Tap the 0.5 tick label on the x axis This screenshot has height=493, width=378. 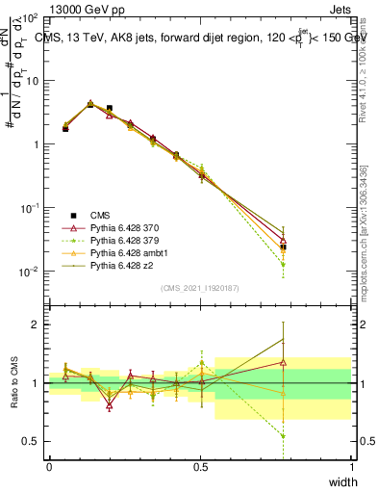pos(200,467)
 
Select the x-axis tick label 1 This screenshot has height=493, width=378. pos(351,467)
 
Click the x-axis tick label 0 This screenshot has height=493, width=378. pos(49,467)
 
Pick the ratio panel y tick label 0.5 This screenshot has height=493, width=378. pos(32,441)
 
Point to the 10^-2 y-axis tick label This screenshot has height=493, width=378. pos(29,272)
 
